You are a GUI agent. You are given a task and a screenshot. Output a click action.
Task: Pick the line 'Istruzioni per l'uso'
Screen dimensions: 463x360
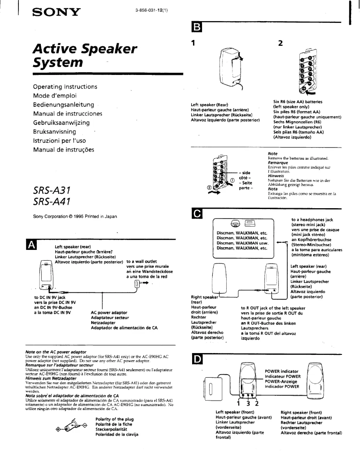click(61, 141)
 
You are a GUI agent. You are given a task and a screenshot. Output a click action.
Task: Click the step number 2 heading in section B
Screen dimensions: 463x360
click(281, 44)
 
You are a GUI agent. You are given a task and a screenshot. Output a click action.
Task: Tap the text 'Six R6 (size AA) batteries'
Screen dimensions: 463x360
click(300, 102)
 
